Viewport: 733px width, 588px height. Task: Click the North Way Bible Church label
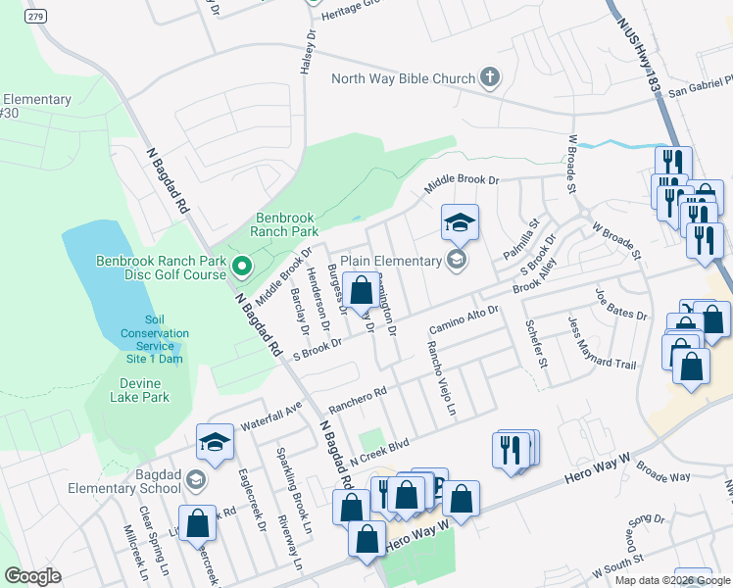[403, 79]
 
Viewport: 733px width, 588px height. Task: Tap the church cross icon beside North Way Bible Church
[490, 77]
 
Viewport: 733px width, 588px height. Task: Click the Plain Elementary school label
[392, 261]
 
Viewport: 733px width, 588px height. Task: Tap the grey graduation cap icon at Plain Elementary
[456, 260]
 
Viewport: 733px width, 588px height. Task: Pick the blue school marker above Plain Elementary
[459, 224]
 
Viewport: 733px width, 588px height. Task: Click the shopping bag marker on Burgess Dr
[361, 292]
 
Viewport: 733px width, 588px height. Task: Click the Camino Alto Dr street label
[464, 319]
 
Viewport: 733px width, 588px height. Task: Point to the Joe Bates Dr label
[621, 303]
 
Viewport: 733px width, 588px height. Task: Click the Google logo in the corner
[33, 576]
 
